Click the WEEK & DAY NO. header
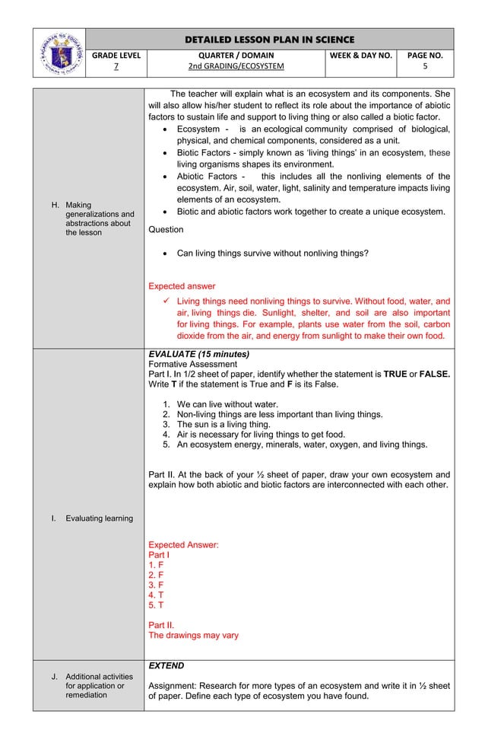click(x=360, y=55)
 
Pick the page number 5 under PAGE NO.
click(x=425, y=66)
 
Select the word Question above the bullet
click(x=166, y=229)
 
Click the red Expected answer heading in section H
click(x=182, y=286)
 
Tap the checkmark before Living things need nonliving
click(x=169, y=301)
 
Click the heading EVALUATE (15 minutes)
click(x=198, y=354)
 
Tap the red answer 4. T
click(x=156, y=595)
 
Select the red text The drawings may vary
click(x=193, y=635)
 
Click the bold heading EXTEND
click(x=166, y=665)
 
